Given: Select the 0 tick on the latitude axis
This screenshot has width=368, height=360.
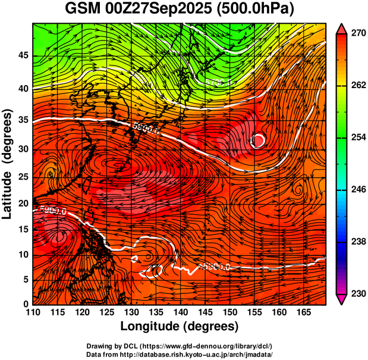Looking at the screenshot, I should pyautogui.click(x=24, y=304).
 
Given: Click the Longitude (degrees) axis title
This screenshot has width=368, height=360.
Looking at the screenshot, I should pyautogui.click(x=180, y=326).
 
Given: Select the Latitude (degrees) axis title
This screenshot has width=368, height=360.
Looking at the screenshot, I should pyautogui.click(x=8, y=164).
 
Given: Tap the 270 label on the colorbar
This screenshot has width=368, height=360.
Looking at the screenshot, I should pyautogui.click(x=357, y=34).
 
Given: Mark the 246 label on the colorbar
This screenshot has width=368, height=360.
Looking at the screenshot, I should pyautogui.click(x=357, y=190).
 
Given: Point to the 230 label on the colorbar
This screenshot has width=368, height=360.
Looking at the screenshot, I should pyautogui.click(x=357, y=293).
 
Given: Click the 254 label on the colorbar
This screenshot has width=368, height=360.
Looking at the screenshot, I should pyautogui.click(x=357, y=138).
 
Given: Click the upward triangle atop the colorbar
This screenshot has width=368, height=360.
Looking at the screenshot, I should pyautogui.click(x=341, y=28).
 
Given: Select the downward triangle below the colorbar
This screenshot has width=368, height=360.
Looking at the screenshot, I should pyautogui.click(x=341, y=299).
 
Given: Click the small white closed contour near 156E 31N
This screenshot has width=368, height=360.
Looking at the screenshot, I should pyautogui.click(x=258, y=140).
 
